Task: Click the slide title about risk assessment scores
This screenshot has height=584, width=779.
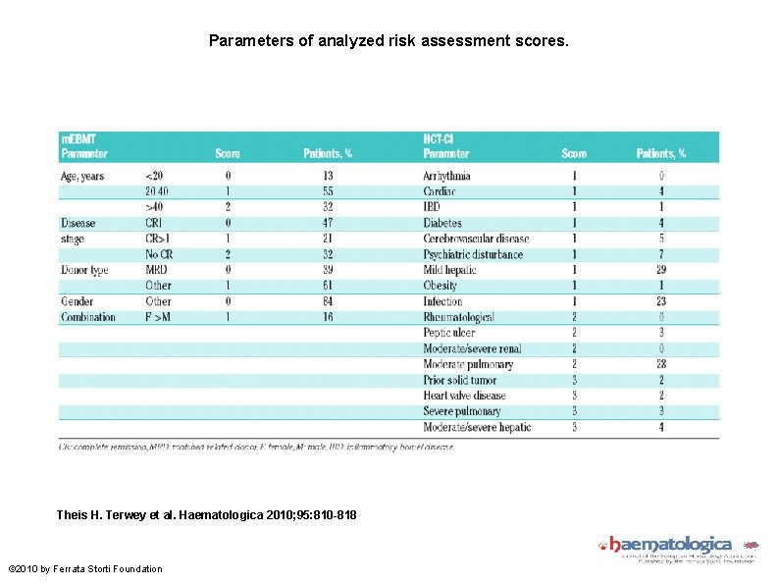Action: tap(389, 41)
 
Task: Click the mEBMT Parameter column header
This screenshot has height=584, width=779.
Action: tap(84, 147)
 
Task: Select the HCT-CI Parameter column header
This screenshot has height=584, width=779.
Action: tap(446, 147)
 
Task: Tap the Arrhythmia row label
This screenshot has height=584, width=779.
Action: tap(446, 176)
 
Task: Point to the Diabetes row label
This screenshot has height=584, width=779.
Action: tap(442, 223)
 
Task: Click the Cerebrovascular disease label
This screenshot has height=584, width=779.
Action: tap(476, 239)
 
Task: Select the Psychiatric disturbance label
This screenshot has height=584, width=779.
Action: tap(473, 254)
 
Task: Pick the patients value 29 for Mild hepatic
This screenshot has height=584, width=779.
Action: tap(661, 270)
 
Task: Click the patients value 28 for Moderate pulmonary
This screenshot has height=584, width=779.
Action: tap(661, 364)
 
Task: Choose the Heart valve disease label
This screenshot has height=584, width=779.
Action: tap(464, 396)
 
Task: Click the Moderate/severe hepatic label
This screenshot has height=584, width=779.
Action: tap(477, 427)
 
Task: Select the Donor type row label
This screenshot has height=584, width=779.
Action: tap(84, 270)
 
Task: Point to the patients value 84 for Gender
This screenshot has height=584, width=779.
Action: tap(328, 301)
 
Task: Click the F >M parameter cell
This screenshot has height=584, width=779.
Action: tap(157, 317)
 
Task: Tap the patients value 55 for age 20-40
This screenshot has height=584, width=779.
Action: tap(328, 191)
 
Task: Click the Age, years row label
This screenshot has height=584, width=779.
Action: tap(82, 176)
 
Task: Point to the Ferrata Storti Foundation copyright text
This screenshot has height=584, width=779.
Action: tap(84, 568)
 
